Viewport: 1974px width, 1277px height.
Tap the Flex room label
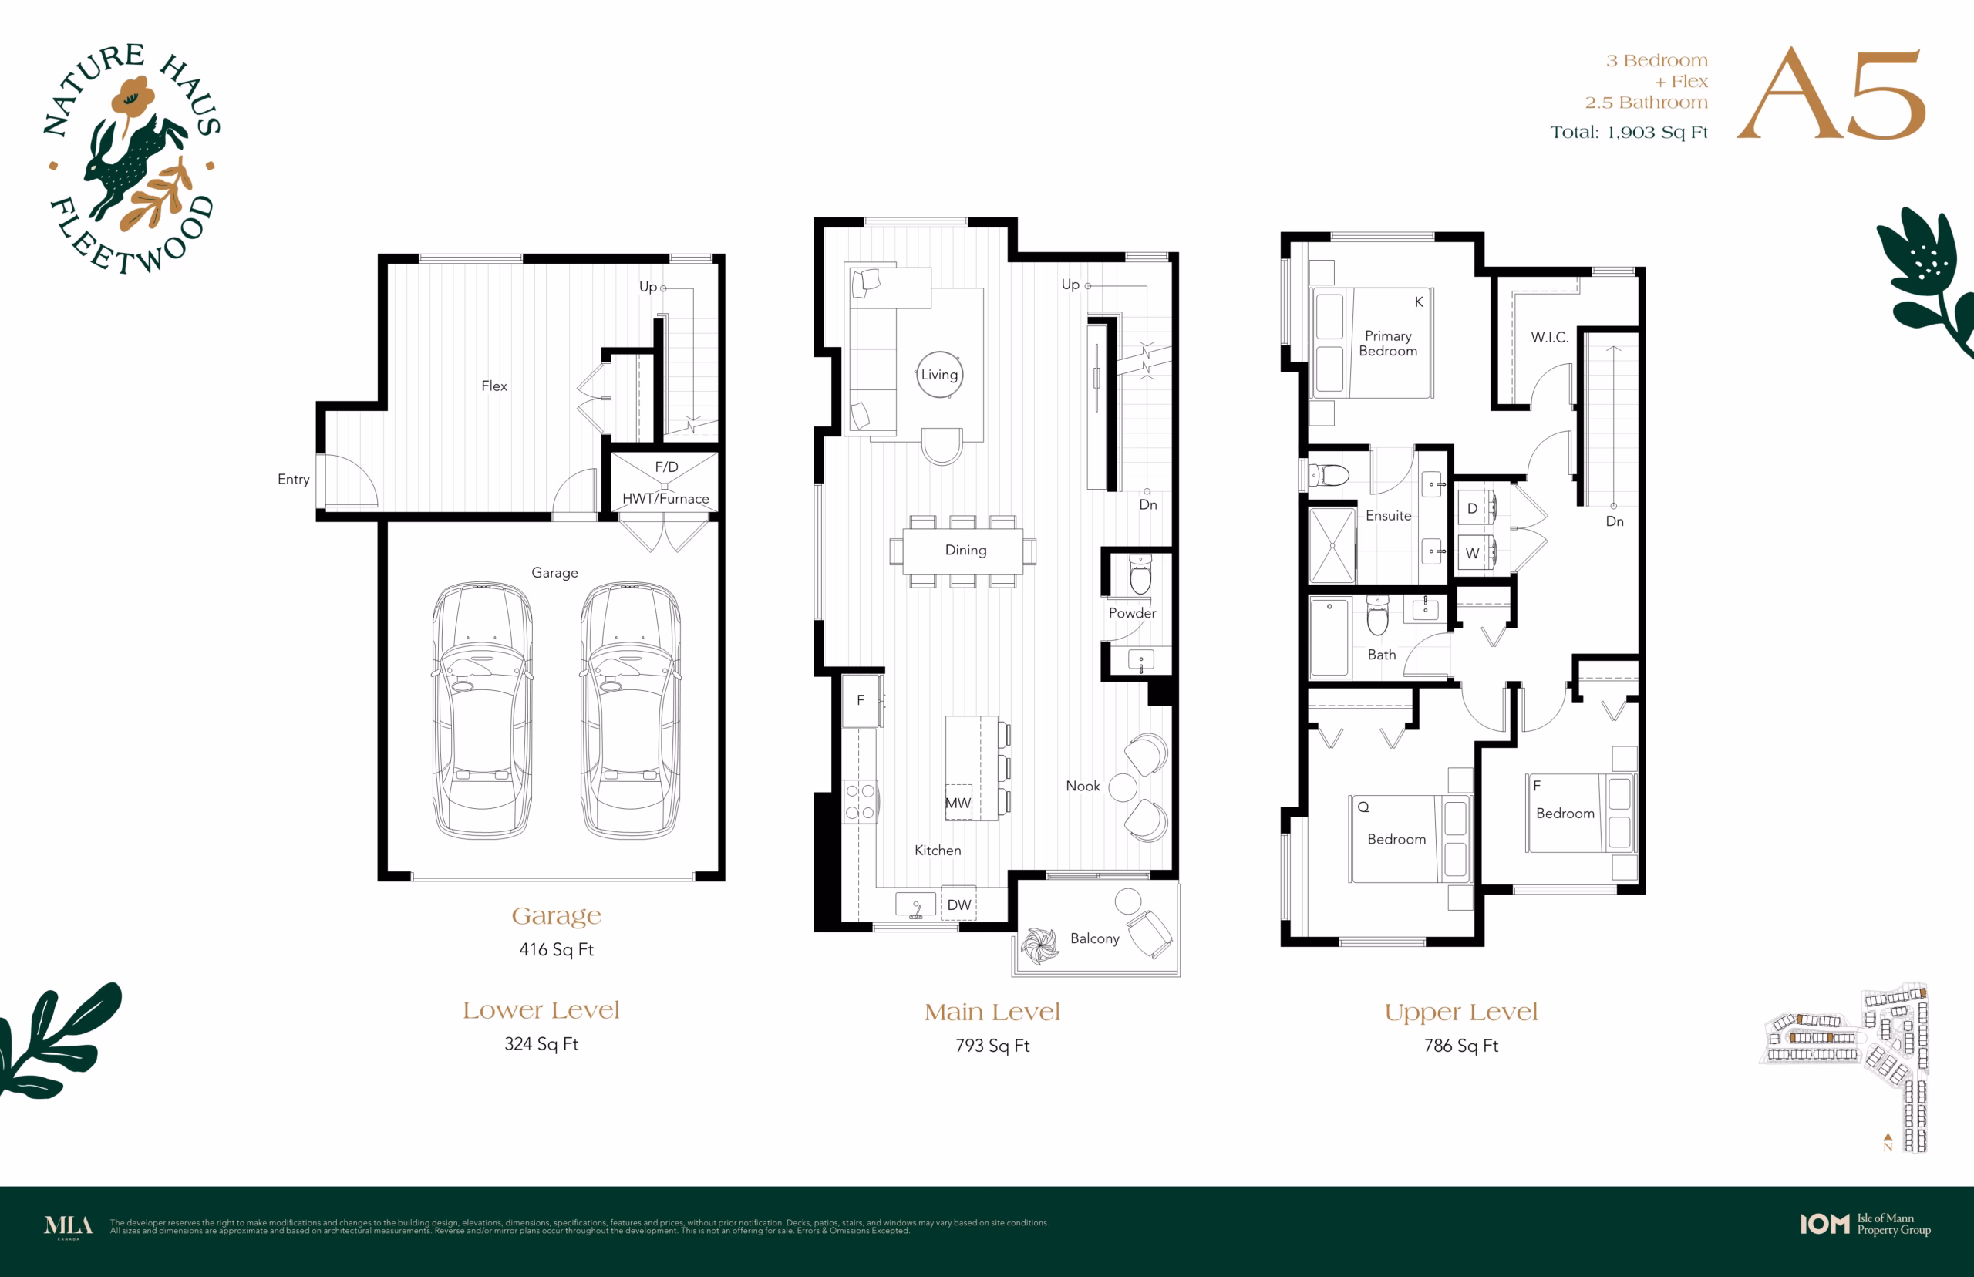(494, 386)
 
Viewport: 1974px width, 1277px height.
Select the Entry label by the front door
(294, 480)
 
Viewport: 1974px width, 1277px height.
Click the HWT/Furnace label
(665, 498)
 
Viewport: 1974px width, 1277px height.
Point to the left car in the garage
(483, 709)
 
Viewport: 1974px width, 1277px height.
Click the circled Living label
(939, 375)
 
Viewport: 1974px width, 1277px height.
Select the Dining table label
(966, 550)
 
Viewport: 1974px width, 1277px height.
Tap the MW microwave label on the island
(958, 803)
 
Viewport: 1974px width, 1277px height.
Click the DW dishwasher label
(959, 905)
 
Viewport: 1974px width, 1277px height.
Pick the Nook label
(1083, 786)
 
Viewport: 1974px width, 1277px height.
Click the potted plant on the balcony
(1039, 946)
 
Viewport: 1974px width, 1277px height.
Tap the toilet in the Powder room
(1140, 574)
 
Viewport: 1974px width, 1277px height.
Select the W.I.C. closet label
(1550, 338)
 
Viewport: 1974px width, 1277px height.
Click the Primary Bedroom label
(1388, 343)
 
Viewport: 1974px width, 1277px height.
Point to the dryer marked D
(1477, 507)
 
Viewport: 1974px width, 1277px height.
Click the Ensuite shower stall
(1332, 546)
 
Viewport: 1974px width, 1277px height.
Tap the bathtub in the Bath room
(1330, 638)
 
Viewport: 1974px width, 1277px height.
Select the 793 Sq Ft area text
(992, 1046)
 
